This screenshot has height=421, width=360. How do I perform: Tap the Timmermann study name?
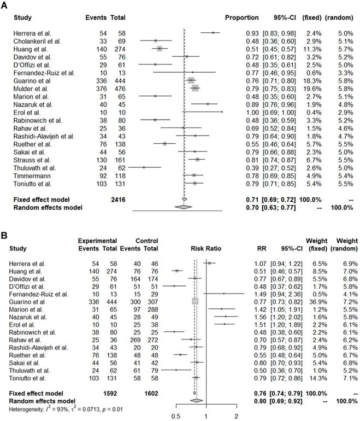pyautogui.click(x=32, y=175)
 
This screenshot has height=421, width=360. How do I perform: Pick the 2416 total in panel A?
pyautogui.click(x=117, y=200)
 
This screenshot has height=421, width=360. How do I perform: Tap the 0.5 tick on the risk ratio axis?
pyautogui.click(x=176, y=416)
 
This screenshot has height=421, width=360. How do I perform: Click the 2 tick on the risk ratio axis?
pyautogui.click(x=237, y=416)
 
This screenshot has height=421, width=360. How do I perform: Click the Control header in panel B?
pyautogui.click(x=143, y=240)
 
